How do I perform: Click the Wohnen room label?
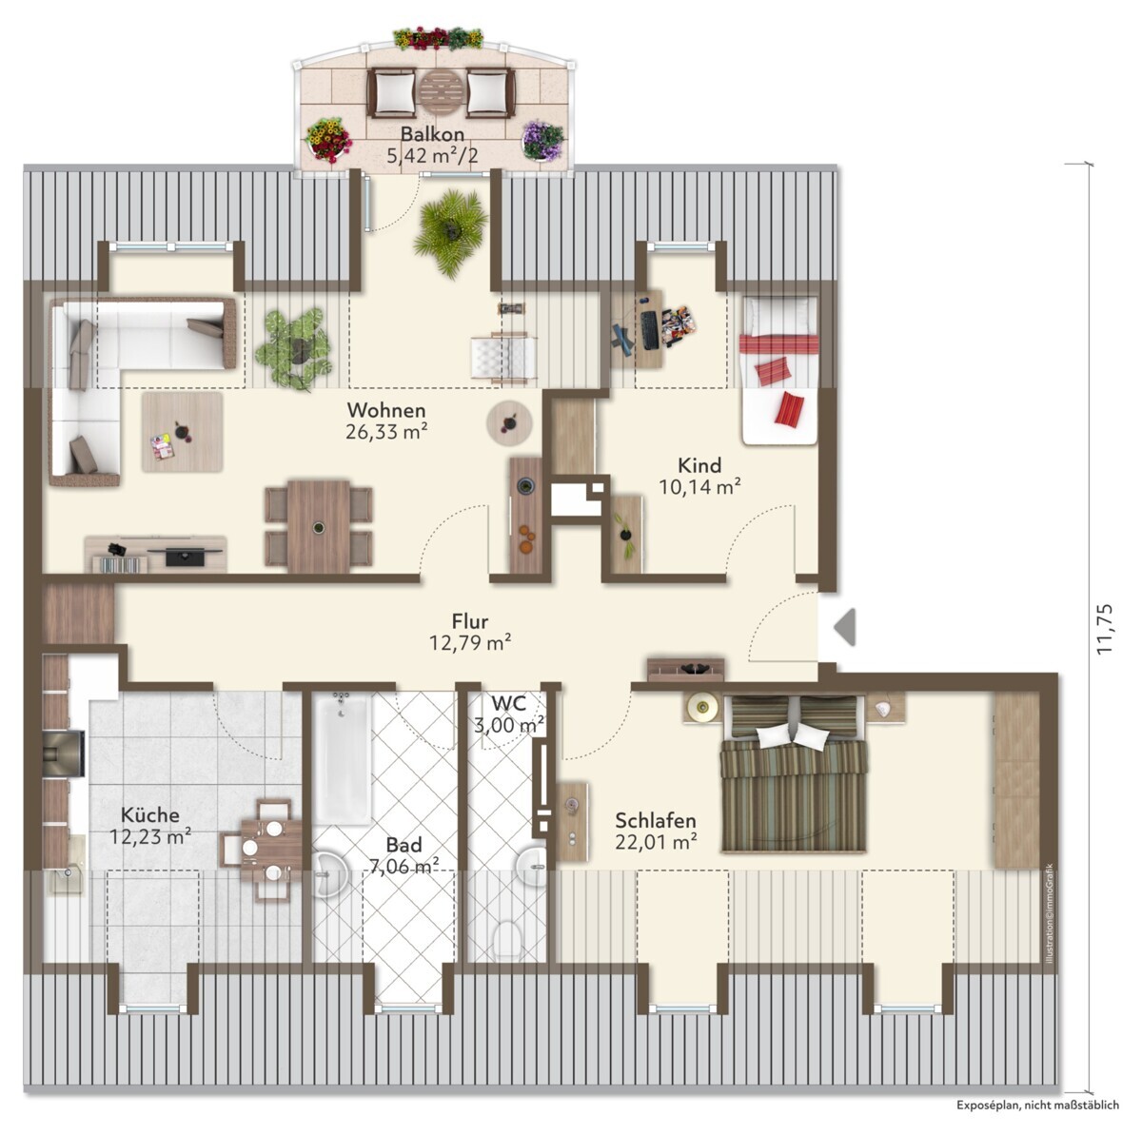386,410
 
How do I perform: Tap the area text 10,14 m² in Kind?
699,487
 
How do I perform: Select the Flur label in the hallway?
470,621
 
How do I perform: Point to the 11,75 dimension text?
1105,629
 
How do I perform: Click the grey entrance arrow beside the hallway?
845,627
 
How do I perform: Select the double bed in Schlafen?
794,773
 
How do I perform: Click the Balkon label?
432,134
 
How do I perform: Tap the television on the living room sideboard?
186,555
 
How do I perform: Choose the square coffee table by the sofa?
183,432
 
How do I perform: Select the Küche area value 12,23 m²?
150,837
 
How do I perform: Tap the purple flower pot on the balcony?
541,141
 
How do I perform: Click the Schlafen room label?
655,821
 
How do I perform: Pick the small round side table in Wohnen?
509,422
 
